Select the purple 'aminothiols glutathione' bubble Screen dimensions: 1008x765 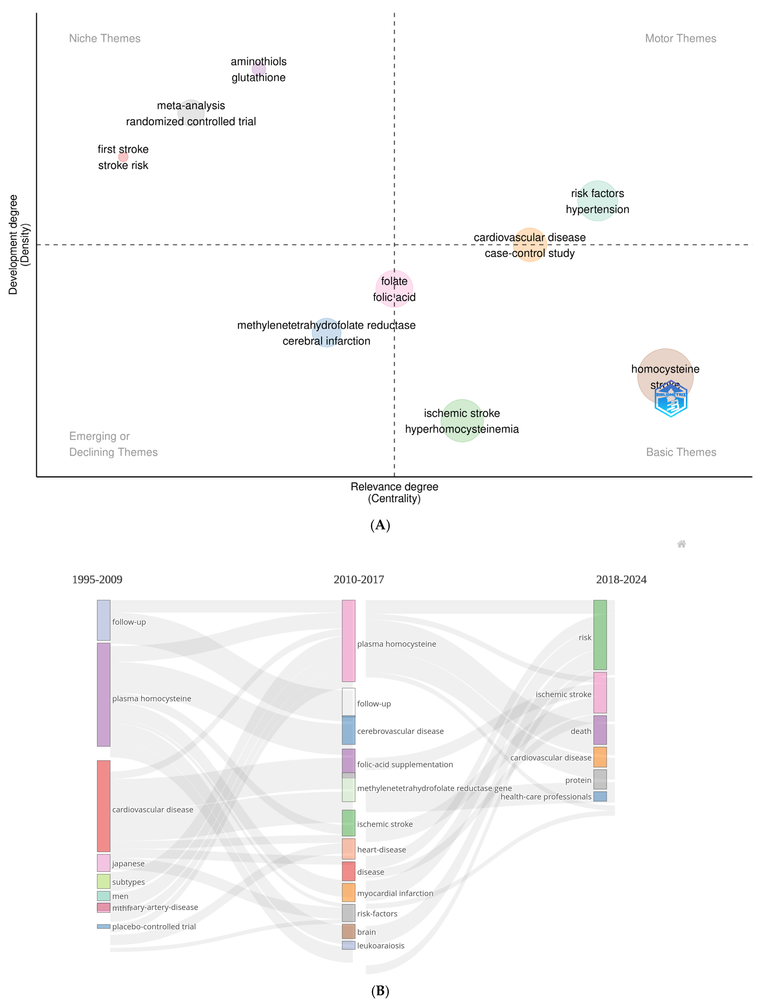[259, 69]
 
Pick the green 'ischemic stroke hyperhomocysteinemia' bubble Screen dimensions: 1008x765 [462, 421]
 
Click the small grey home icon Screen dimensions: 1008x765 [681, 544]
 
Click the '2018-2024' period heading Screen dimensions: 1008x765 [621, 580]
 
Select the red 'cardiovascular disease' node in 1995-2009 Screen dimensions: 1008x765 [103, 806]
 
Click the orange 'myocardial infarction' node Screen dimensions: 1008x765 [348, 892]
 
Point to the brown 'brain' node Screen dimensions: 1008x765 [348, 931]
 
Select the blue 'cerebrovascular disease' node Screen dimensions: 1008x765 [348, 731]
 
